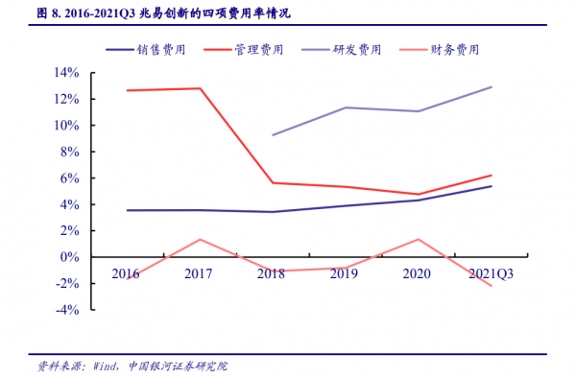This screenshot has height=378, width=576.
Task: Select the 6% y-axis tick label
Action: pyautogui.click(x=66, y=178)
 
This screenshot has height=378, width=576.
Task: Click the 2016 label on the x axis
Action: pyautogui.click(x=125, y=273)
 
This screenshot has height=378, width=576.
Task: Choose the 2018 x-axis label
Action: pyautogui.click(x=272, y=273)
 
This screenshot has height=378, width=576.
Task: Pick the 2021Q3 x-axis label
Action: pyautogui.click(x=491, y=273)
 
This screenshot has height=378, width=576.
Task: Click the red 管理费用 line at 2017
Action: pyautogui.click(x=200, y=88)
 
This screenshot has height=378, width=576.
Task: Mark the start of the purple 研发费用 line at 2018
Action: pyautogui.click(x=273, y=135)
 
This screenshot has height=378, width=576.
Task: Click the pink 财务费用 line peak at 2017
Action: pyautogui.click(x=200, y=239)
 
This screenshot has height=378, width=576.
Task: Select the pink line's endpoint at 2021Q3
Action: pyautogui.click(x=492, y=286)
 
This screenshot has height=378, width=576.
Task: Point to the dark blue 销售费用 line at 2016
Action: pyautogui.click(x=127, y=210)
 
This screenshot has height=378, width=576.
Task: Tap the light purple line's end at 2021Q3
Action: pyautogui.click(x=492, y=87)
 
